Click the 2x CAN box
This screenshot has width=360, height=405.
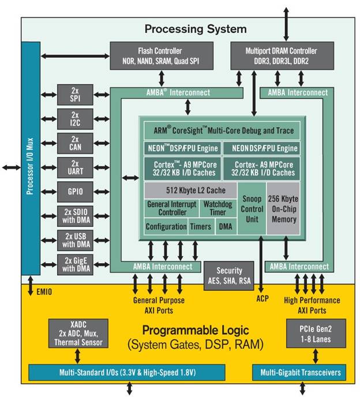74,143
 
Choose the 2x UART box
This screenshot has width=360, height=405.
74,167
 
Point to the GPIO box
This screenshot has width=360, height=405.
74,190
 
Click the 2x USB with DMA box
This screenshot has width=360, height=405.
74,239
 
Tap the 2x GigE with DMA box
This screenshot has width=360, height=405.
74,264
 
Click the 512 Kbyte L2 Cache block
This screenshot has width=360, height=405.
190,191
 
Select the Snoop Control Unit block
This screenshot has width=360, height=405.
251,208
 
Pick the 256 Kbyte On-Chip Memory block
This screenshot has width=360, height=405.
283,208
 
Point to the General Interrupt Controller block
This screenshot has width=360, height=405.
171,208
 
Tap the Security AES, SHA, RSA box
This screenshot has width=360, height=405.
230,276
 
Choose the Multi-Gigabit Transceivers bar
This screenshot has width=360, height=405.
299,373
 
